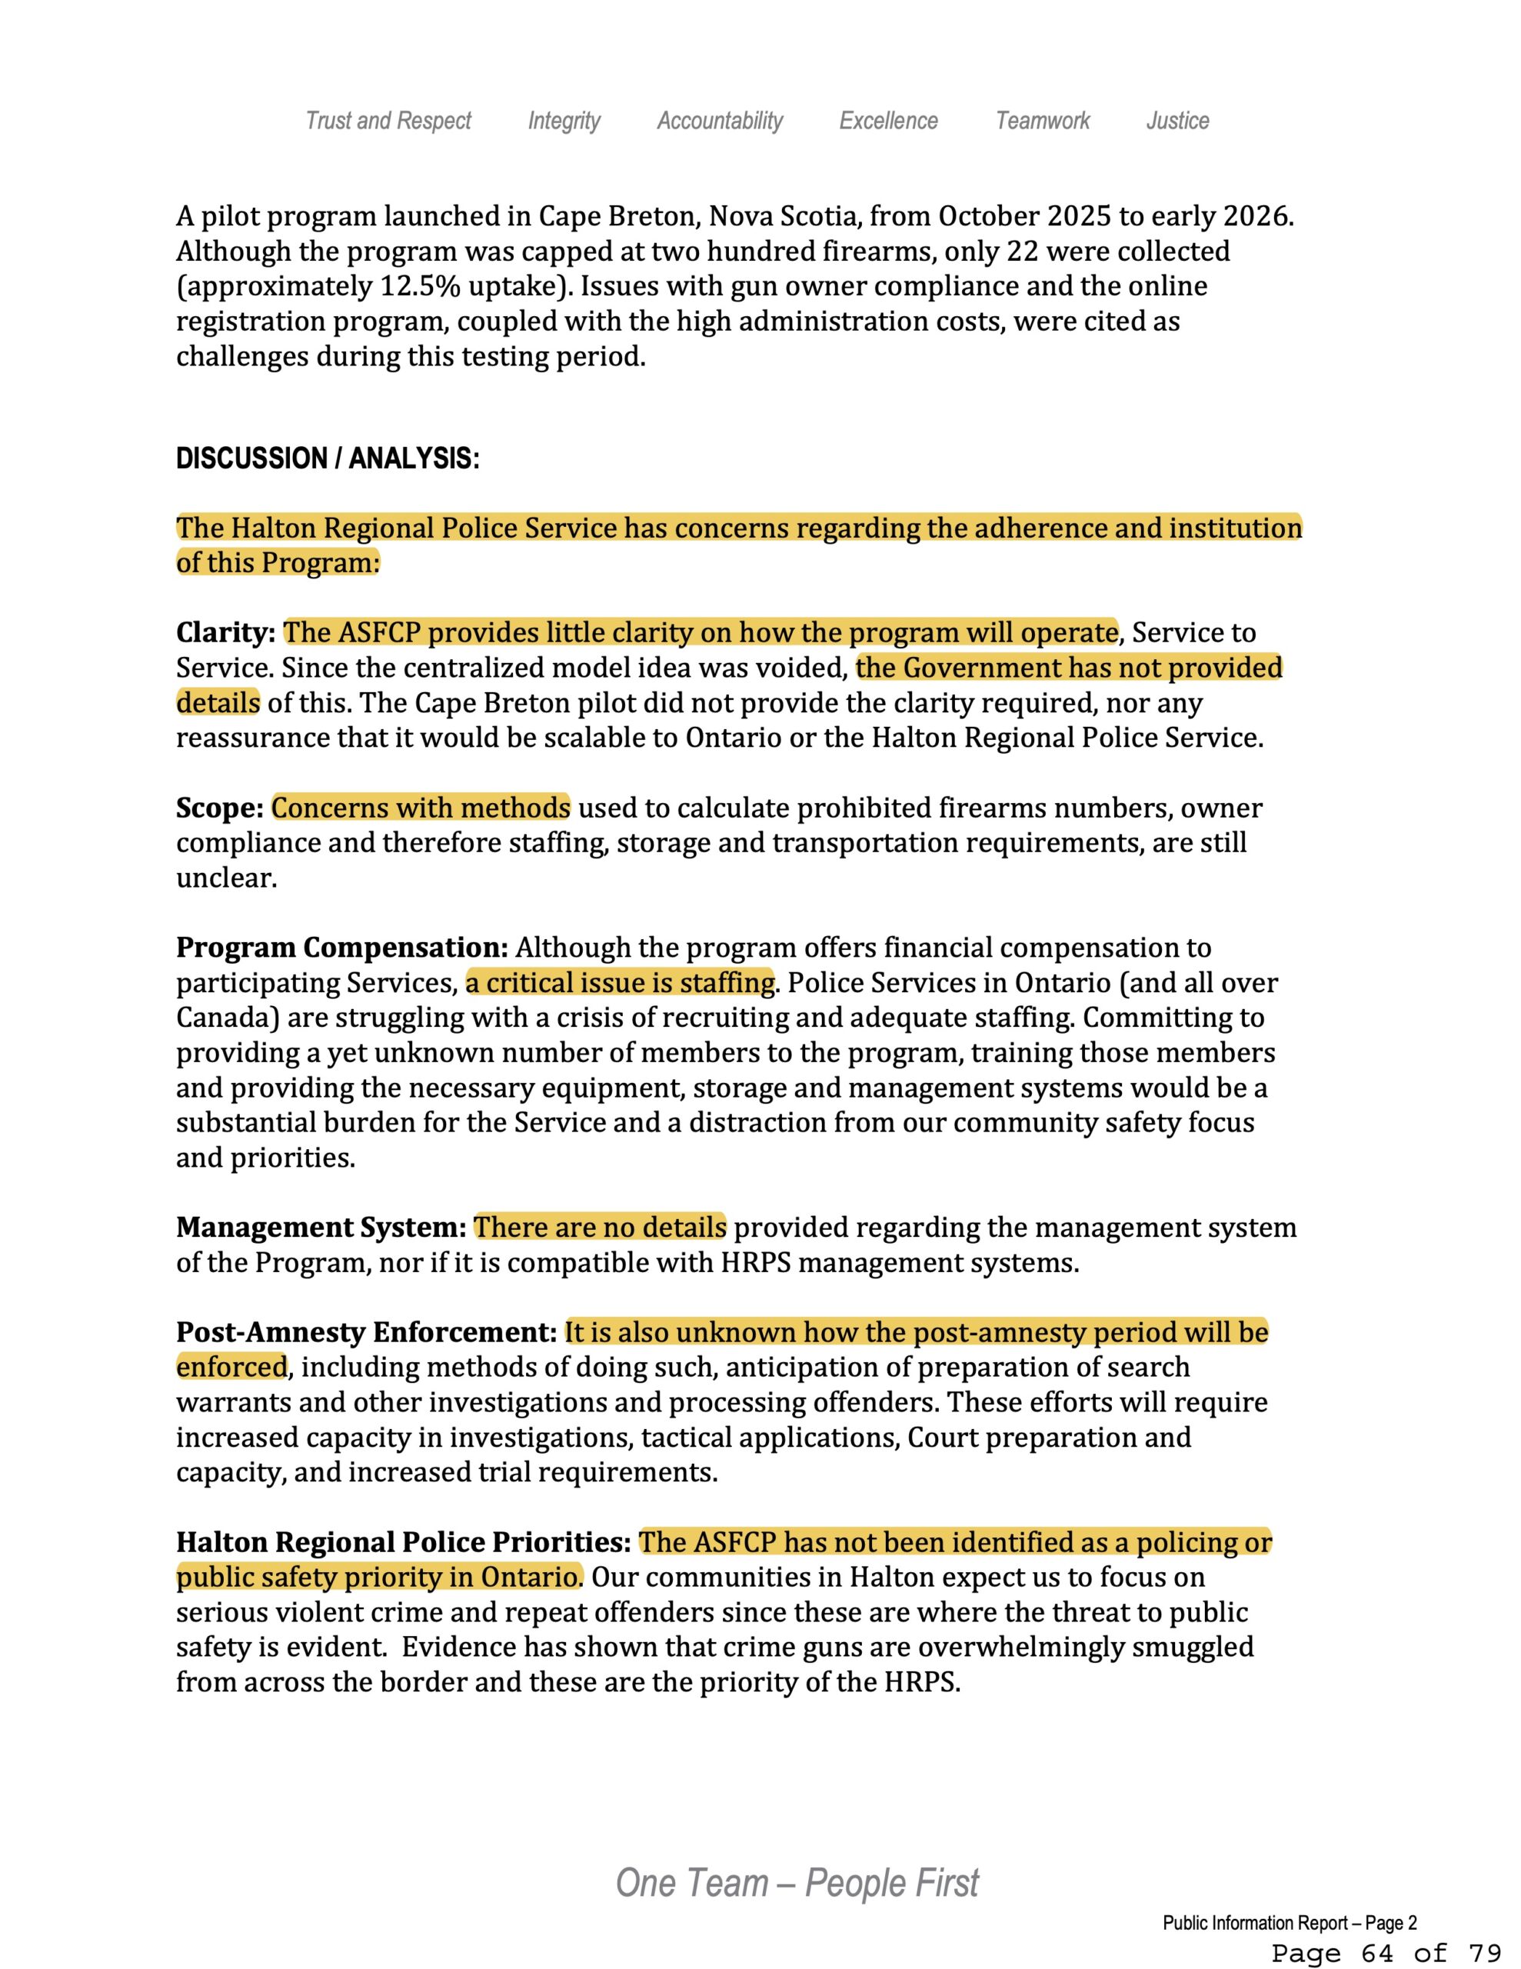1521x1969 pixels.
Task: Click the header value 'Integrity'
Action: (564, 121)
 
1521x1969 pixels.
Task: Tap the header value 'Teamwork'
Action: (1042, 121)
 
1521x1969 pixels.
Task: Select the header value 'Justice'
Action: (1177, 121)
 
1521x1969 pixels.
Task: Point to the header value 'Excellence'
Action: (888, 121)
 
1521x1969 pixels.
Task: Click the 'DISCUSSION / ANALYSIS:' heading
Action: (328, 459)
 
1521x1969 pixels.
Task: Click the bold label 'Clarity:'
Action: (225, 633)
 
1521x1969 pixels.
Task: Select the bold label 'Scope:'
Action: (219, 808)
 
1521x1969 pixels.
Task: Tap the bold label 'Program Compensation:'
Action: (343, 948)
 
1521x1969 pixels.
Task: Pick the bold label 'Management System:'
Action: (321, 1227)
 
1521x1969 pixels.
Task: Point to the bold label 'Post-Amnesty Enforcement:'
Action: (366, 1331)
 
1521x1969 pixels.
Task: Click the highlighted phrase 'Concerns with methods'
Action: (421, 808)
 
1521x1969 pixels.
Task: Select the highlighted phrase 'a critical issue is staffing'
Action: (621, 983)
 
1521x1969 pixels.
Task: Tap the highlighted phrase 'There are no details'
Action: (600, 1227)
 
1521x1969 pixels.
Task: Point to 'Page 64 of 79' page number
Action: (1386, 1953)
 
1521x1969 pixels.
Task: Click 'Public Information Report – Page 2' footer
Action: (1290, 1924)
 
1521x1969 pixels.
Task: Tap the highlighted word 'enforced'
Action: (231, 1367)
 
